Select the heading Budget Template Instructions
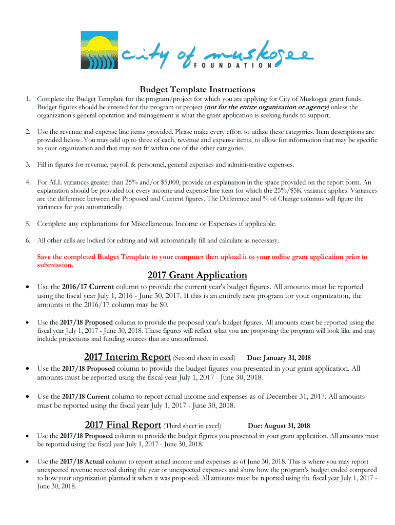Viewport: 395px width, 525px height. [197, 89]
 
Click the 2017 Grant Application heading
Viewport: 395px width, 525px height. [197, 275]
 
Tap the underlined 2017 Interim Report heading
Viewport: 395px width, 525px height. [127, 357]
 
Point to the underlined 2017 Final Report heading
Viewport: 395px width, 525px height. [123, 425]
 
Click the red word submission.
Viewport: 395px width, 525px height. [55, 266]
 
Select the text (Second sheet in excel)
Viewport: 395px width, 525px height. [204, 358]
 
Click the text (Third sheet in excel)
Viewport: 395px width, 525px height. [192, 426]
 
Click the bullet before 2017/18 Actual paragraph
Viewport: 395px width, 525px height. [27, 461]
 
